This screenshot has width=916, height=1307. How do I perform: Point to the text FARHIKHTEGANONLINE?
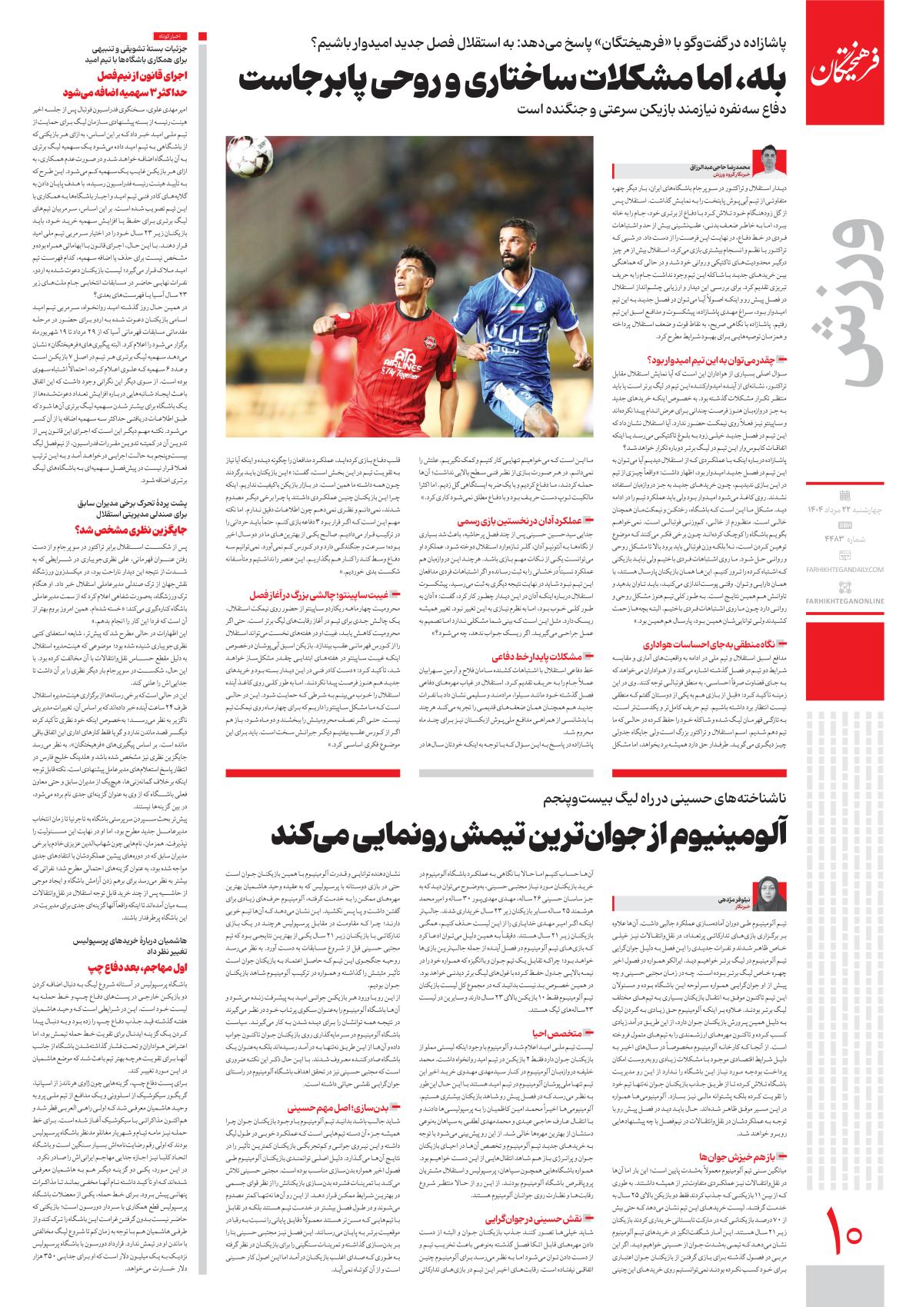[x=856, y=578]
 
